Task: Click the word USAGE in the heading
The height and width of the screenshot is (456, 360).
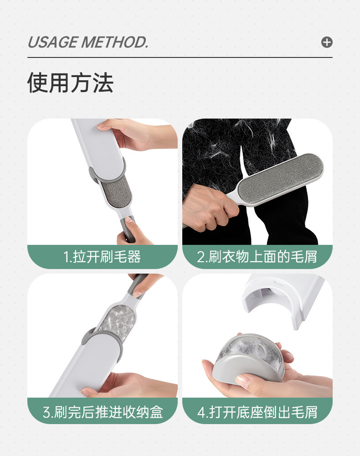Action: tap(53, 42)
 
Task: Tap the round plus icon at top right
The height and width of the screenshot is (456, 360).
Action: tap(327, 42)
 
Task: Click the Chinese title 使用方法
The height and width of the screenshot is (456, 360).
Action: tap(70, 83)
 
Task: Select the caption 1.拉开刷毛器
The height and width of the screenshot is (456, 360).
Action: tap(102, 257)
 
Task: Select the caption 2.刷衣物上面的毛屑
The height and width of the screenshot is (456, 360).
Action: tap(257, 257)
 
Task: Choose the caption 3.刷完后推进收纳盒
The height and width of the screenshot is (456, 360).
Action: tap(103, 412)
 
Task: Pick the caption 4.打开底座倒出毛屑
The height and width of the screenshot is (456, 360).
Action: tap(257, 412)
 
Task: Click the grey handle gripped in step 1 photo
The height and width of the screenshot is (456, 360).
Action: tap(128, 229)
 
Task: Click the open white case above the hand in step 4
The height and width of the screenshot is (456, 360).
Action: tap(283, 300)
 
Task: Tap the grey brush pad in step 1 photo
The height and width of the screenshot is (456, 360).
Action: tap(117, 193)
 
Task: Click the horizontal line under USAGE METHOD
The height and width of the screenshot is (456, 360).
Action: tap(180, 57)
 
